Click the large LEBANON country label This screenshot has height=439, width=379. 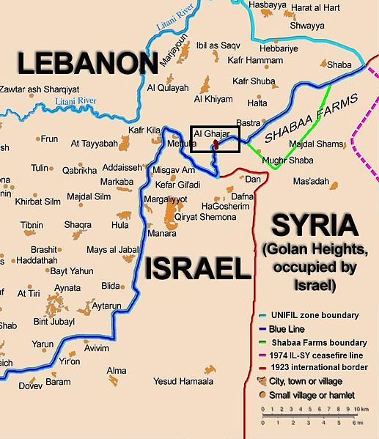[x=87, y=65]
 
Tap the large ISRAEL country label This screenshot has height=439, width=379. [x=197, y=269]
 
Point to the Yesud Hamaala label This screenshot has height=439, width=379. [x=183, y=382]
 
